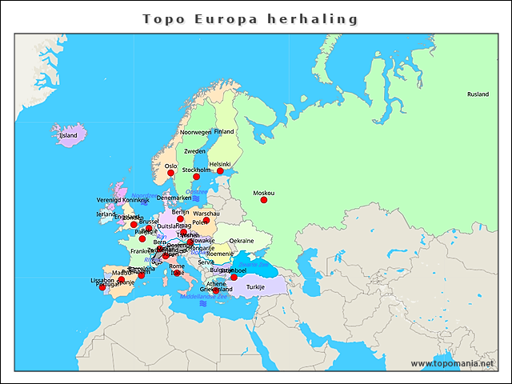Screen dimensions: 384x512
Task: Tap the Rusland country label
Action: tap(478, 94)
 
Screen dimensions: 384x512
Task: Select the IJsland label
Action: tap(68, 135)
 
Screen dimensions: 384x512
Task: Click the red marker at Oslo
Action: tap(170, 173)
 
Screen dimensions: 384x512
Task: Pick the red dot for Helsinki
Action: tap(220, 171)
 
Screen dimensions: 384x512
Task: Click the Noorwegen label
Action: tap(195, 132)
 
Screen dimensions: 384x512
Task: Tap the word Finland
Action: tap(224, 132)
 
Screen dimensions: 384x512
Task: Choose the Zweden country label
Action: tap(194, 151)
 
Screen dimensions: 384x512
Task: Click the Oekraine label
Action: tap(241, 241)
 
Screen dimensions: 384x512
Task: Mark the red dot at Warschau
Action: tap(206, 221)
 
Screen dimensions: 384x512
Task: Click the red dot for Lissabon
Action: tap(102, 287)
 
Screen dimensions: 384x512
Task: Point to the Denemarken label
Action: tap(174, 198)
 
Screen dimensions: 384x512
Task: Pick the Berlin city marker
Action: tap(180, 218)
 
